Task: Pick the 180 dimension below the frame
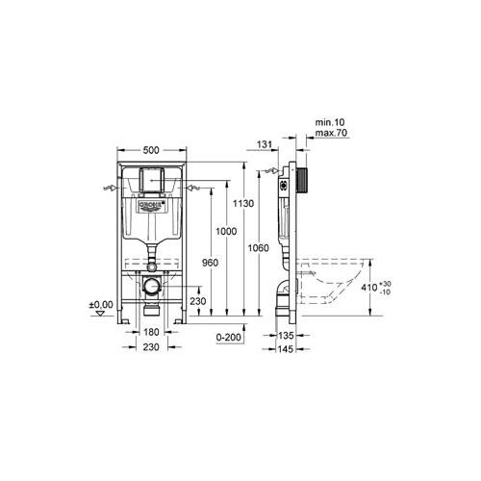click(x=152, y=332)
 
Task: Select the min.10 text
click(x=329, y=123)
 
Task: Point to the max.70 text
click(x=329, y=134)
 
